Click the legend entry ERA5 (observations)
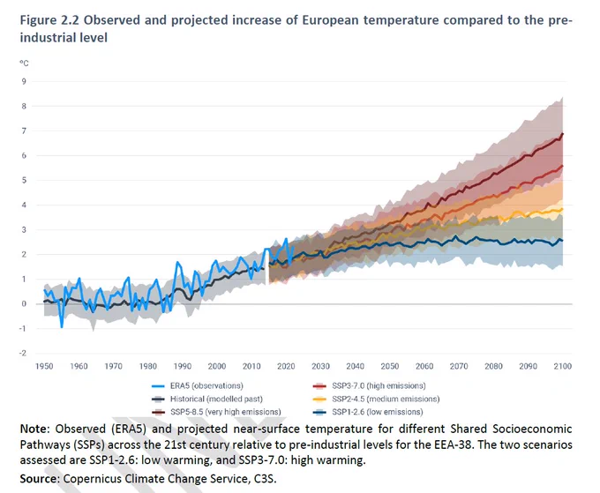(197, 386)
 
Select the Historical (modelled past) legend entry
(207, 399)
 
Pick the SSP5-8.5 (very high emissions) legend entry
(216, 412)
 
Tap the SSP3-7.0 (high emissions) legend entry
(369, 386)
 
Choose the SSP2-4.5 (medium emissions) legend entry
(376, 399)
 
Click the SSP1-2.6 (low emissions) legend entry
(368, 412)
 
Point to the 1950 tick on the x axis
(44, 366)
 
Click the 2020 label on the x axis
(286, 366)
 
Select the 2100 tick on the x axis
(563, 366)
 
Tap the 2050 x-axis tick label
(389, 366)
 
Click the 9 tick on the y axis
(24, 81)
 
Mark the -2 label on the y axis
(23, 353)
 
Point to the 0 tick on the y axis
(24, 303)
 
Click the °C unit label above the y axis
(24, 63)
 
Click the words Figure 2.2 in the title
(49, 20)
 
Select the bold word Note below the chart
(34, 429)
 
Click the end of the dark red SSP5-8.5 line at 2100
(563, 133)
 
